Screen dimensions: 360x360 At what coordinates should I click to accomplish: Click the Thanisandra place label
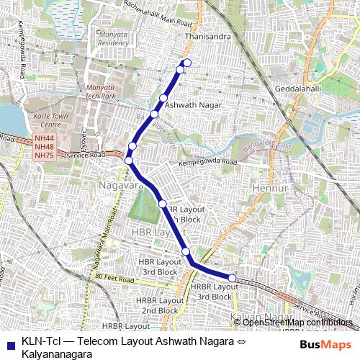(207, 34)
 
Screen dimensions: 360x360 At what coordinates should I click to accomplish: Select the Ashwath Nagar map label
(191, 105)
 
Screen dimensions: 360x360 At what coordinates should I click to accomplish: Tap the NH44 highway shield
(44, 138)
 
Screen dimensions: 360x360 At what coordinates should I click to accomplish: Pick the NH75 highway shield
(44, 156)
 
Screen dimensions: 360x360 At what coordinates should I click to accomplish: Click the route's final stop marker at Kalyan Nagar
(233, 278)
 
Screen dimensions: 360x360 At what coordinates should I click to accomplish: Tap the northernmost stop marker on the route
(186, 62)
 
